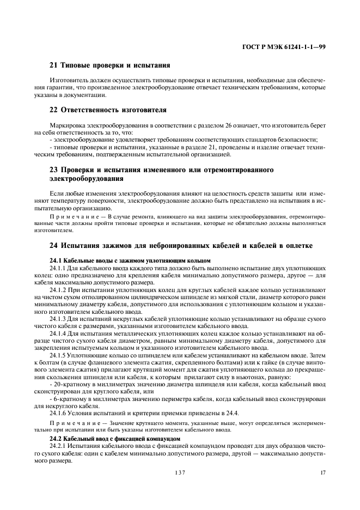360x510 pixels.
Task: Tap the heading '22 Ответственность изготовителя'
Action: (x=108, y=110)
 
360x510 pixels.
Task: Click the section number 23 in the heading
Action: (x=53, y=170)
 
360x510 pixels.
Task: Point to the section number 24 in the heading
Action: (x=53, y=246)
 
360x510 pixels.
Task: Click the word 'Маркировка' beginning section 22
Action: (x=65, y=125)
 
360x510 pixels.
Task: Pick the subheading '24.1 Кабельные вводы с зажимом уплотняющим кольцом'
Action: (x=130, y=260)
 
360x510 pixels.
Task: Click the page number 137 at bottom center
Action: (x=180, y=473)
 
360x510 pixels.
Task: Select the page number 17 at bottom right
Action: (x=322, y=473)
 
